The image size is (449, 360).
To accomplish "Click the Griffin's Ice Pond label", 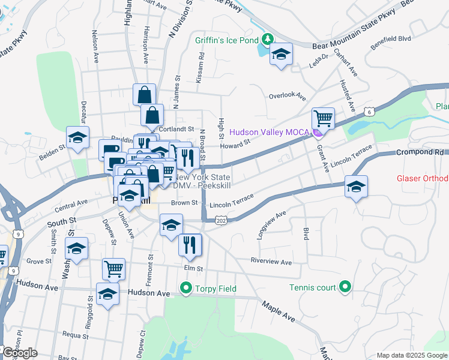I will [226, 41].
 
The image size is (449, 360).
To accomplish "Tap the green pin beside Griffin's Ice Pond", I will [268, 40].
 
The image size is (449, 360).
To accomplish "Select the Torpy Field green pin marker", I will [186, 289].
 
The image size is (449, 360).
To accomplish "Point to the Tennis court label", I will [312, 287].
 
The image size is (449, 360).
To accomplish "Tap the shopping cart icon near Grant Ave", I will [323, 119].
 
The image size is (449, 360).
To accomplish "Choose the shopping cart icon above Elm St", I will [113, 269].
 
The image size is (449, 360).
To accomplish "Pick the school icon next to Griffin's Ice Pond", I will [281, 55].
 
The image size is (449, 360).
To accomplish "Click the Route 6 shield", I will [370, 112].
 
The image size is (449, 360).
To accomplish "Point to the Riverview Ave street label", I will [271, 262].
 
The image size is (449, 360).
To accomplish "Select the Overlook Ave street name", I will [287, 97].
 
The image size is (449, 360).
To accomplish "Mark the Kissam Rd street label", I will [201, 66].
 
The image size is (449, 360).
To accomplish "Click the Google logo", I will [20, 353].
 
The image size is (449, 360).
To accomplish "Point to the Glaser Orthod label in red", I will [423, 179].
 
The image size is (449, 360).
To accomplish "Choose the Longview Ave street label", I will [271, 226].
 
